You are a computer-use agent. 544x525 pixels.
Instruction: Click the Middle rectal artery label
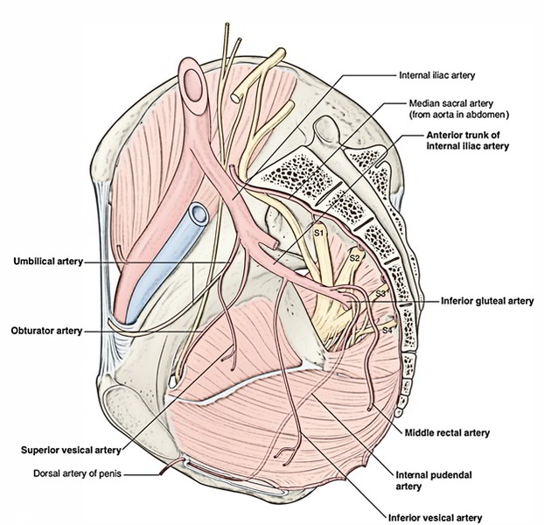tap(446, 432)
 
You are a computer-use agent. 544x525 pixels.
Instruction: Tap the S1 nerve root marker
tap(319, 234)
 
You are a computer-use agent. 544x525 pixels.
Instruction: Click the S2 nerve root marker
tap(354, 258)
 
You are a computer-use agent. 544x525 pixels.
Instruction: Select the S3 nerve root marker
tap(380, 294)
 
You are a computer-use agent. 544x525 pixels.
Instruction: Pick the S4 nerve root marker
tap(387, 329)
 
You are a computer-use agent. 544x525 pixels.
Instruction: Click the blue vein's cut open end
tap(196, 213)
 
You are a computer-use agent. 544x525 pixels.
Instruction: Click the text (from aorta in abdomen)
tap(460, 115)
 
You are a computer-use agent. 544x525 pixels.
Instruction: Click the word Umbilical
tap(31, 261)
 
